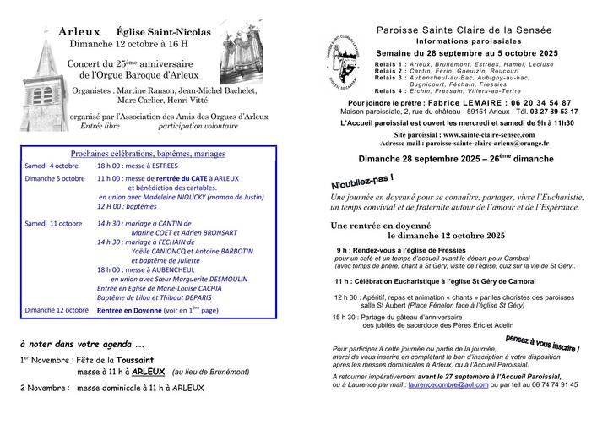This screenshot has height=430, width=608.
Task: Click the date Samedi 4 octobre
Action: pos(51,166)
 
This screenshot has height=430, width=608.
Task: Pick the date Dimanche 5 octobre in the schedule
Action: pos(55,179)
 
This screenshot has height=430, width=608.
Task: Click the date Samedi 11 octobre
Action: pos(53,224)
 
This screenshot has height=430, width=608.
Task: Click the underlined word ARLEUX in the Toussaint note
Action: pos(148,371)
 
